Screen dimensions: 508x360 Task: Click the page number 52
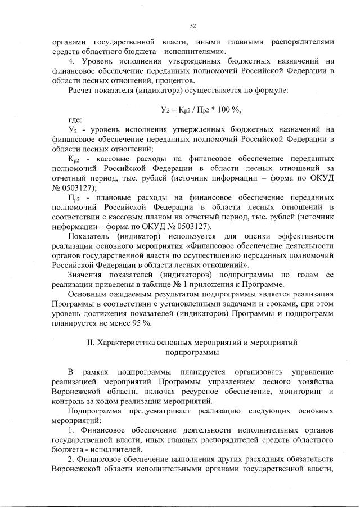click(x=192, y=26)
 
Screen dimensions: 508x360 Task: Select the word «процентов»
click(x=152, y=80)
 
